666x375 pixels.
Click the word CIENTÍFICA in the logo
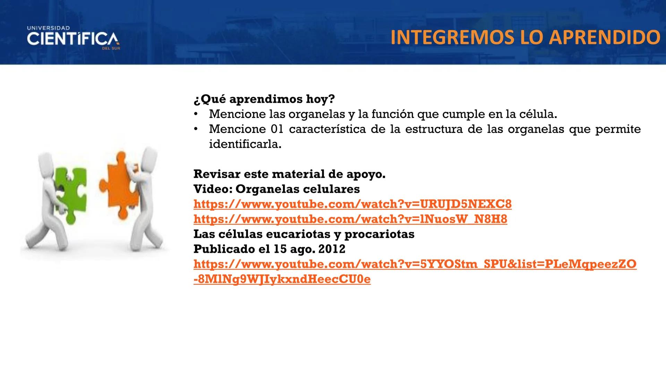click(73, 39)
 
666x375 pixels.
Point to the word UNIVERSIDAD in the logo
click(48, 28)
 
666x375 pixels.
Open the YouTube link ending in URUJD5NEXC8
click(352, 204)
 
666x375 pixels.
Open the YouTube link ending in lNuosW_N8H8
click(350, 219)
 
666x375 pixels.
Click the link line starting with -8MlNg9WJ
click(282, 279)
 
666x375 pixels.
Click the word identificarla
click(245, 144)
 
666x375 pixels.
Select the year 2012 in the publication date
click(332, 249)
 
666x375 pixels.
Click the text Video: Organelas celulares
click(276, 189)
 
